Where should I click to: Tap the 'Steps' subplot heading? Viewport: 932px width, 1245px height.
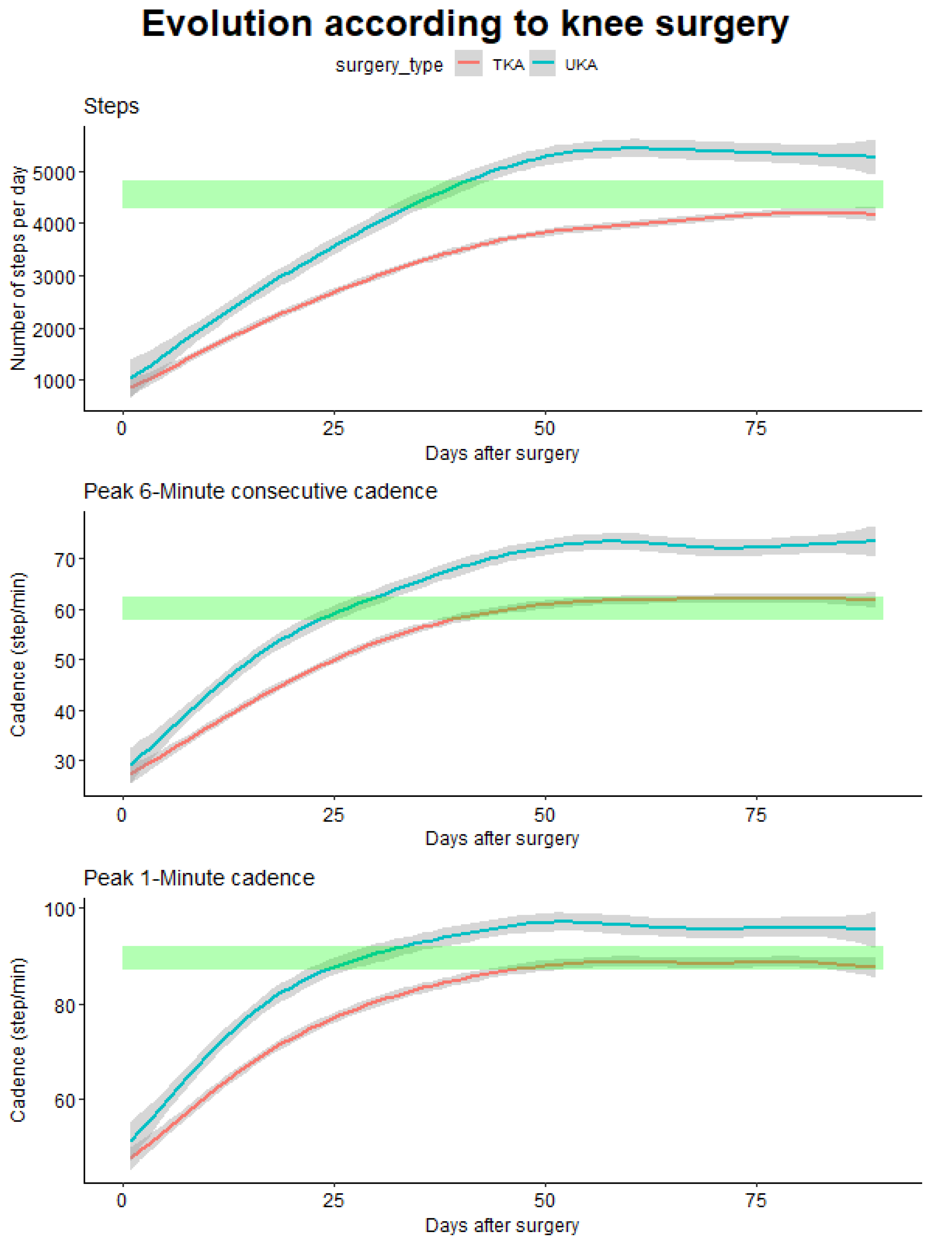tap(111, 106)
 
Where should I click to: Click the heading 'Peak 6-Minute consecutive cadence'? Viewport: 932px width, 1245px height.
tap(260, 491)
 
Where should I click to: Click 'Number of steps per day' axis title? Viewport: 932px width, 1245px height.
tap(18, 268)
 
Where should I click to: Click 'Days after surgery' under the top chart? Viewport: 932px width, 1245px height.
tap(501, 453)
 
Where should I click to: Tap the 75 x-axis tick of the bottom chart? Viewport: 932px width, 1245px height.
tap(755, 1201)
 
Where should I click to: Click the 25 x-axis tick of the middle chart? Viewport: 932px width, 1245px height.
tap(333, 815)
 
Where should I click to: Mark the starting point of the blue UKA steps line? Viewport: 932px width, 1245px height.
tap(132, 378)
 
